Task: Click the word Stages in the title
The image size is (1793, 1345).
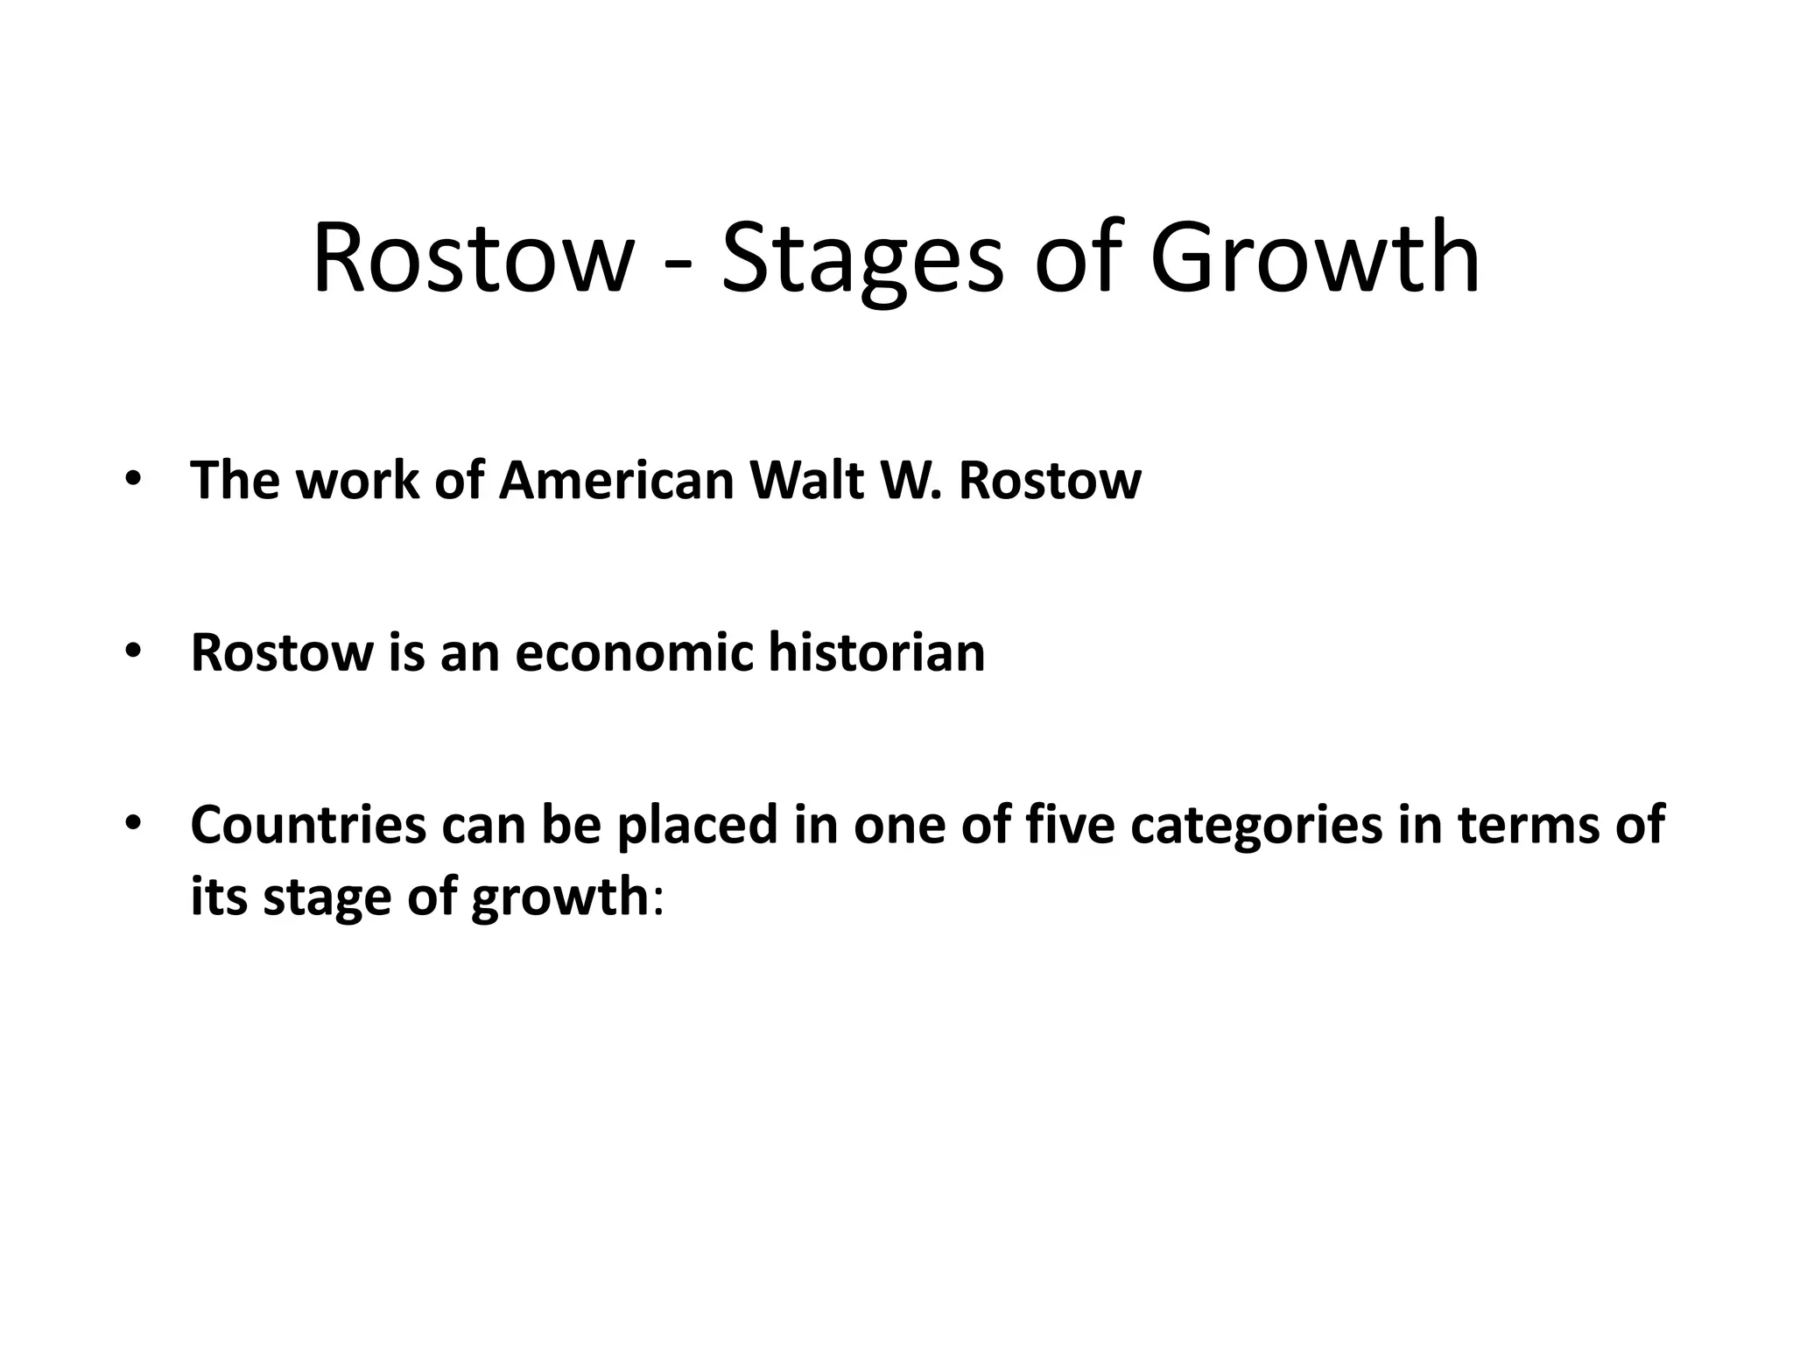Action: pos(861,259)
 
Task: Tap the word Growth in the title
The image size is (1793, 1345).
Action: pos(1314,259)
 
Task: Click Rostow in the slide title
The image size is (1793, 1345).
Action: pos(472,259)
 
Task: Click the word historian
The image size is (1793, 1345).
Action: pos(876,652)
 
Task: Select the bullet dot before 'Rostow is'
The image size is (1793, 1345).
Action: pos(132,652)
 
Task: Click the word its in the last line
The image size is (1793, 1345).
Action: pos(219,897)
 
